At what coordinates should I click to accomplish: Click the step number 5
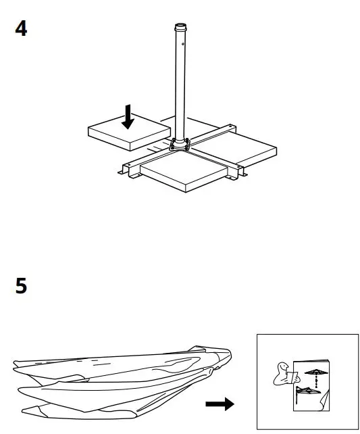(22, 286)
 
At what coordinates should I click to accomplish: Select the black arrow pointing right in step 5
(220, 404)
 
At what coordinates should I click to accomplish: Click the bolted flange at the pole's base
(180, 143)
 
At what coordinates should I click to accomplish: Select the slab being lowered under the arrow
(128, 136)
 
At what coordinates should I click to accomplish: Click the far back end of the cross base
(231, 126)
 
